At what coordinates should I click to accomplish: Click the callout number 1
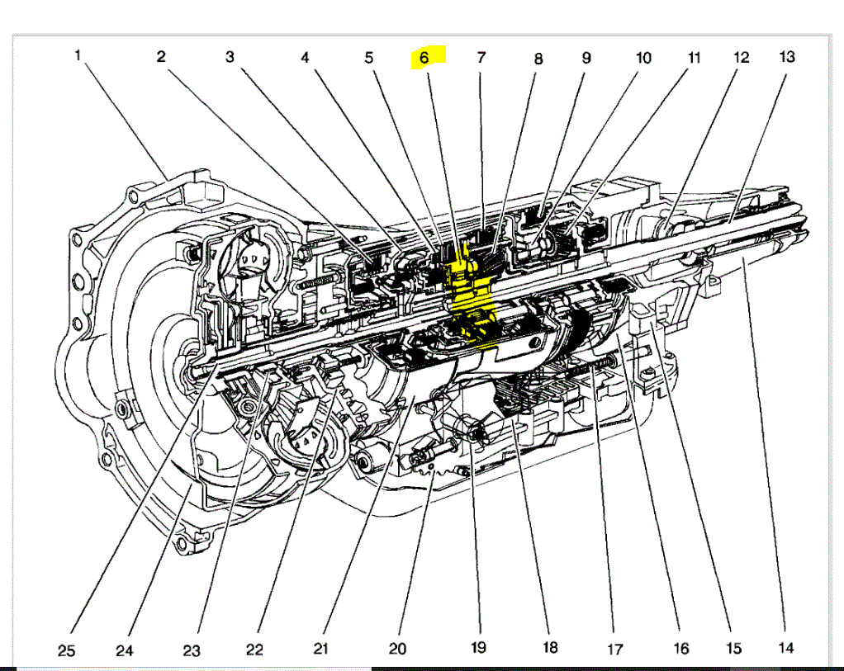[x=78, y=55]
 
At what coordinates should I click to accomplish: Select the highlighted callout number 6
[x=424, y=57]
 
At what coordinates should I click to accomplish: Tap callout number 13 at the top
[x=786, y=56]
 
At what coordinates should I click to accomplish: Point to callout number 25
[x=67, y=651]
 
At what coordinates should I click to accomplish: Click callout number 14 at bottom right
[x=786, y=648]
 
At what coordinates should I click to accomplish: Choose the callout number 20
[x=397, y=649]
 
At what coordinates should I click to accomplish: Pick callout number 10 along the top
[x=642, y=57]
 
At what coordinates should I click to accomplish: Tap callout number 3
[x=230, y=57]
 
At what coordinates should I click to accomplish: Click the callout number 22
[x=254, y=650]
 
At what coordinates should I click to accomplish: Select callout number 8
[x=538, y=59]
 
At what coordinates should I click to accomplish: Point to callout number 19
[x=478, y=647]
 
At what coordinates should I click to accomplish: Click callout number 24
[x=124, y=651]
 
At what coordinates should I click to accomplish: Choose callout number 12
[x=741, y=57]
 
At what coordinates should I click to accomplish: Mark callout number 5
[x=369, y=58]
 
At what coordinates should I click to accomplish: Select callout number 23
[x=191, y=651]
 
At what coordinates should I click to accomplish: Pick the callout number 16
[x=680, y=649]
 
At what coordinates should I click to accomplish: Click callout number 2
[x=161, y=57]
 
